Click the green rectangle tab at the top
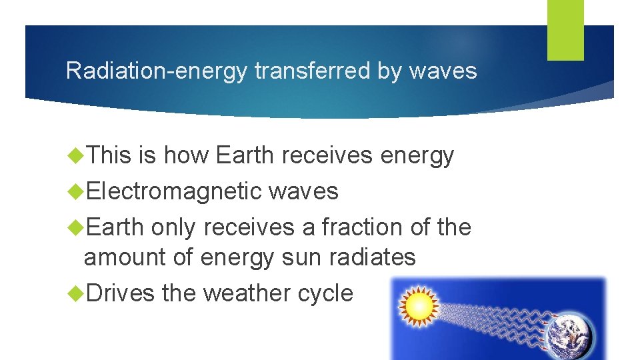(x=565, y=29)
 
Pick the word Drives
(x=120, y=293)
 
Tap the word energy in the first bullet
(x=417, y=155)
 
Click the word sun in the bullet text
(x=301, y=257)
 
